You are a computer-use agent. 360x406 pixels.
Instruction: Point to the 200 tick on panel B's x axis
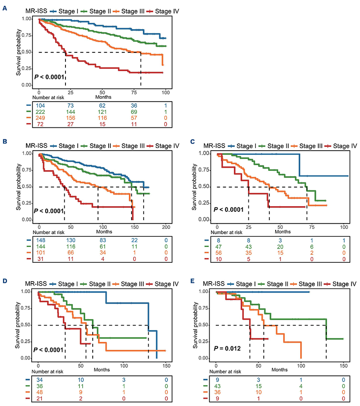(165, 227)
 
